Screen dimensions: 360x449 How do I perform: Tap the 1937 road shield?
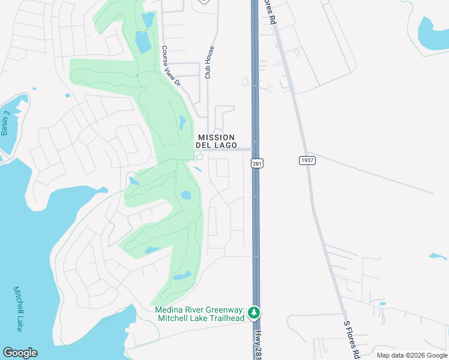pos(306,160)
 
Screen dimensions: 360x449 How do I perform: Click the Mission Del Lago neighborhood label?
pos(216,142)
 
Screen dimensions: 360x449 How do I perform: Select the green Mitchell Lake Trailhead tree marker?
pos(254,313)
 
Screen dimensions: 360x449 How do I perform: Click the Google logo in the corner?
pos(20,353)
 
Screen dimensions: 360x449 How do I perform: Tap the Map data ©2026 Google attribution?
pos(411,355)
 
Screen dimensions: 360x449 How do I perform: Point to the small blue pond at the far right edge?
pos(438,256)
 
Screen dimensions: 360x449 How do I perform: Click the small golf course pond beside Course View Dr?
pos(182,122)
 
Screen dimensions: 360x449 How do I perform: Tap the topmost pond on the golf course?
pos(148,19)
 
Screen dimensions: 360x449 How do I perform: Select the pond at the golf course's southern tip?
pos(182,276)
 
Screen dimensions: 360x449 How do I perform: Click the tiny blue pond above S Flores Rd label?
pos(382,303)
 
